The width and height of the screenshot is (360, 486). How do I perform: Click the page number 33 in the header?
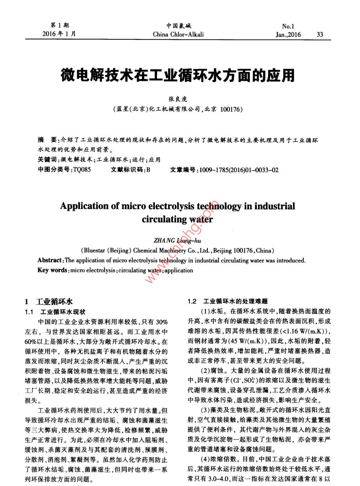[x=320, y=34]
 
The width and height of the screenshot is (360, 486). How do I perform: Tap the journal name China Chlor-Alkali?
[x=178, y=34]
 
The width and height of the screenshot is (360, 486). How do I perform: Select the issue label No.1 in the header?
[x=288, y=26]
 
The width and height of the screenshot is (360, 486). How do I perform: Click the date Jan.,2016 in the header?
[x=288, y=34]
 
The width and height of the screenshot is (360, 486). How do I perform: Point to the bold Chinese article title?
[x=178, y=75]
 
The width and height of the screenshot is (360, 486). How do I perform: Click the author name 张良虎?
[x=178, y=99]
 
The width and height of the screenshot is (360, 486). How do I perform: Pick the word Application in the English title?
[x=84, y=206]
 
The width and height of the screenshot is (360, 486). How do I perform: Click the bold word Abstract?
[x=50, y=260]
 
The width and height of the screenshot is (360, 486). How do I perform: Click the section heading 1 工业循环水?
[x=49, y=302]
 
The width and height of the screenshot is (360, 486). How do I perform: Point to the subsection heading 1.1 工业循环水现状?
[x=55, y=312]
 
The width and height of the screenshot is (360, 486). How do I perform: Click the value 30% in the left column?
[x=162, y=322]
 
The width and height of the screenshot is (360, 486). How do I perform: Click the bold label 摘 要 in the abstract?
[x=46, y=140]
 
